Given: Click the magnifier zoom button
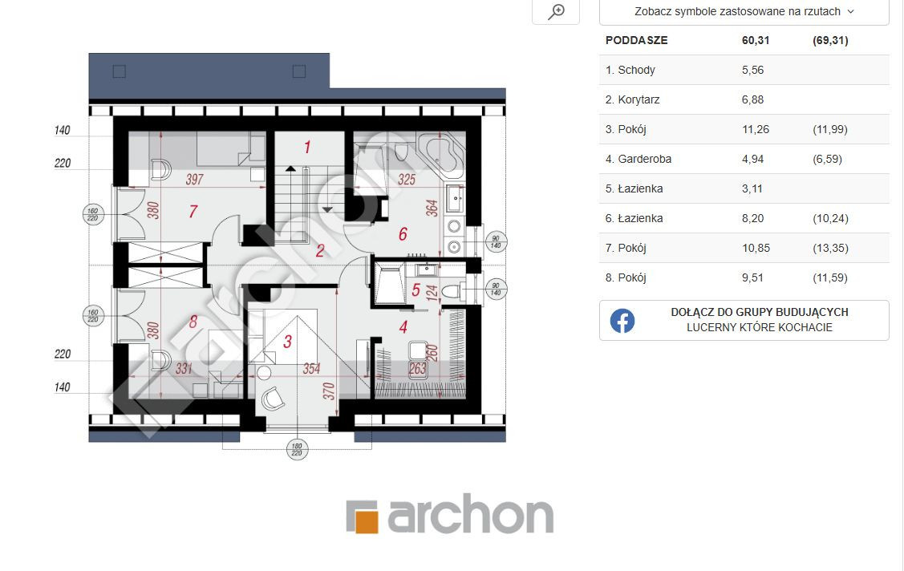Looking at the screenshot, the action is [x=556, y=11].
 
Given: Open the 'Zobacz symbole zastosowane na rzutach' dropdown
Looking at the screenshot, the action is [x=744, y=11].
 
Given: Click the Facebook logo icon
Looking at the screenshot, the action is [x=622, y=320].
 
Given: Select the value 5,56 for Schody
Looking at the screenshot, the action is [x=752, y=71].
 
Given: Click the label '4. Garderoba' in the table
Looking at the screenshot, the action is [x=638, y=159].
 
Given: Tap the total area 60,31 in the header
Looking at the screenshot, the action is [x=756, y=40].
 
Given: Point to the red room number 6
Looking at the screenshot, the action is [x=403, y=234].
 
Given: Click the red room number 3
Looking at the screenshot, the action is [x=288, y=342].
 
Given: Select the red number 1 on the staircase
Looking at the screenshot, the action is [x=307, y=148].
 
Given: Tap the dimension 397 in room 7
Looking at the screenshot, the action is [x=194, y=179].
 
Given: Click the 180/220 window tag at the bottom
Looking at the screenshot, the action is [x=297, y=449].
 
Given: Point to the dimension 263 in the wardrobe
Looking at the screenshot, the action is [x=417, y=368].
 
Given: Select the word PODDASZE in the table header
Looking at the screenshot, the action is [x=637, y=40].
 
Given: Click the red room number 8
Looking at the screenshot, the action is [x=193, y=322].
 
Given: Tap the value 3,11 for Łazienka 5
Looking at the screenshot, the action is [x=752, y=189].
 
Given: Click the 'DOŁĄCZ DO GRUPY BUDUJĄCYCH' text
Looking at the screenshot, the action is [x=760, y=312].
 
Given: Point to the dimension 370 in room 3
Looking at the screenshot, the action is [x=329, y=391].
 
